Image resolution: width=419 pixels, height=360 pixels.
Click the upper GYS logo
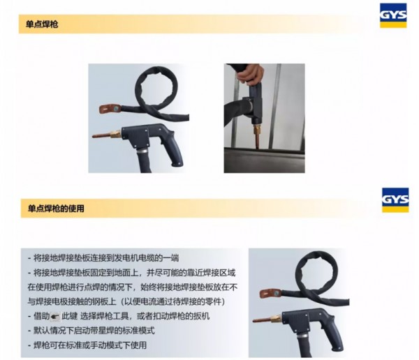[x=393, y=15]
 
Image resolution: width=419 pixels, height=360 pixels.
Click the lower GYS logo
[x=395, y=200]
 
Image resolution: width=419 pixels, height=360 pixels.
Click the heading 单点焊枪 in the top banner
[x=42, y=24]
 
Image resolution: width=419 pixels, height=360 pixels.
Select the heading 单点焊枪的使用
[x=56, y=209]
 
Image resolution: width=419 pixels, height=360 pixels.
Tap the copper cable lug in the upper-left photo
[x=110, y=109]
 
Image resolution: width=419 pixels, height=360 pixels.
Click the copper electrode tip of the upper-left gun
[x=101, y=135]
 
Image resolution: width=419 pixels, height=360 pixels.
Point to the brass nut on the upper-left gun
[x=116, y=133]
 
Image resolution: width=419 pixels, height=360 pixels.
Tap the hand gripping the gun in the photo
[x=251, y=74]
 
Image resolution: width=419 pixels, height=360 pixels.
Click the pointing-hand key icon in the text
[x=56, y=317]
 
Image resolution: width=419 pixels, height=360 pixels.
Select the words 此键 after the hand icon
[x=69, y=317]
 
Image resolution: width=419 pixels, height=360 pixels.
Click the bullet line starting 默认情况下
[x=91, y=331]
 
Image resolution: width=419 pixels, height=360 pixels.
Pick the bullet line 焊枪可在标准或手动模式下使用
[x=87, y=345]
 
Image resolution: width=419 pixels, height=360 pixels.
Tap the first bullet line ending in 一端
[x=103, y=258]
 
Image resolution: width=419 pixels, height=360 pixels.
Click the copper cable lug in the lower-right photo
[x=270, y=294]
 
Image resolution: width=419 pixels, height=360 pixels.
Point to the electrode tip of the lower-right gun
[x=261, y=320]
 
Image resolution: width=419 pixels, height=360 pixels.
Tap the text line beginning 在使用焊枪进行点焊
[x=133, y=287]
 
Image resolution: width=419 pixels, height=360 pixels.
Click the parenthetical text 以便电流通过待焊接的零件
[x=172, y=302]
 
